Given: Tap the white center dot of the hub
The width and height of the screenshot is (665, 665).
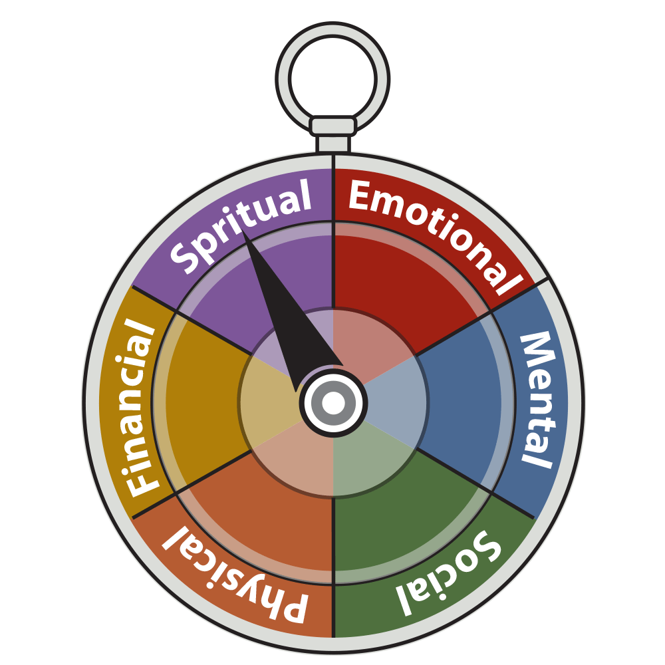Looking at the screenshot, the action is (333, 402).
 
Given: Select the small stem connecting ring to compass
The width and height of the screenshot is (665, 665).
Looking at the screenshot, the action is (332, 143).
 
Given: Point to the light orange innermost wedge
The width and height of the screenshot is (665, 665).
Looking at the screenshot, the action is (299, 462).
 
